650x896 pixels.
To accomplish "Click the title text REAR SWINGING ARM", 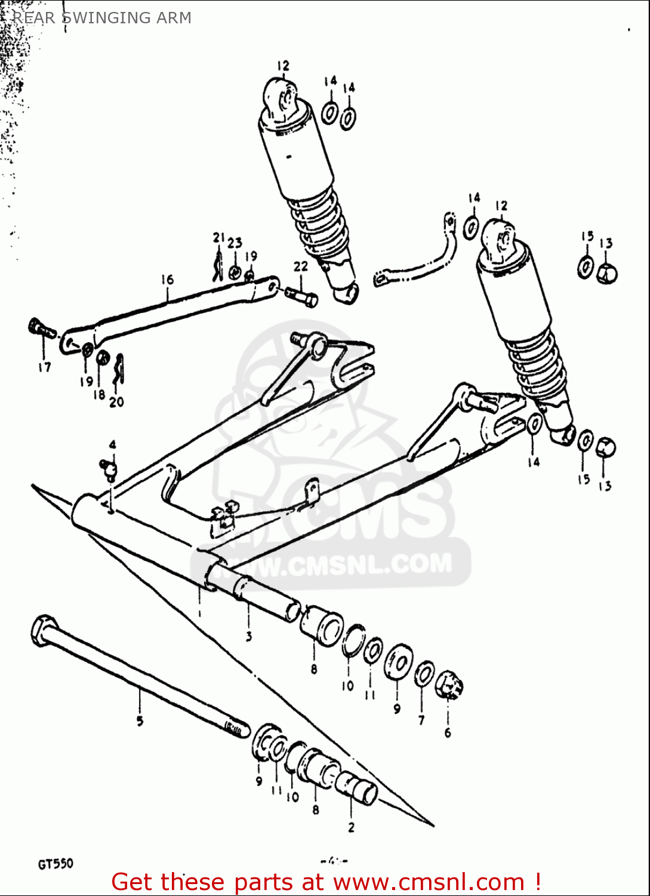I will click(x=102, y=18).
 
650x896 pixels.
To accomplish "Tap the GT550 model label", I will click(x=56, y=864).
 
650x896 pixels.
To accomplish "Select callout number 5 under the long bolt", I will click(x=140, y=721).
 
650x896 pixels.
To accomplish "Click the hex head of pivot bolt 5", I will click(x=42, y=630).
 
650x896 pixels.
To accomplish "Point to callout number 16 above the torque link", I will click(x=167, y=280).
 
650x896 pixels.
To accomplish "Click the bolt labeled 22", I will click(x=301, y=296).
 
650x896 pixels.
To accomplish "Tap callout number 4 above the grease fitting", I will click(x=112, y=445).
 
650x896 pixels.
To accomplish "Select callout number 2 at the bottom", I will click(x=351, y=827).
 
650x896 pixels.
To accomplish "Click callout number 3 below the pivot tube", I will click(x=249, y=636).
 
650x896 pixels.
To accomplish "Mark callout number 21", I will click(x=218, y=238).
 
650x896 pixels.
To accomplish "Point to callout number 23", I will click(x=235, y=243).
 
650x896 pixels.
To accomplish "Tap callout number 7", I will click(x=421, y=720).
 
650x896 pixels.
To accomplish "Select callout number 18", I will click(x=99, y=394).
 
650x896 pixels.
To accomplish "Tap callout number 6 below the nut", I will click(x=448, y=732).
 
